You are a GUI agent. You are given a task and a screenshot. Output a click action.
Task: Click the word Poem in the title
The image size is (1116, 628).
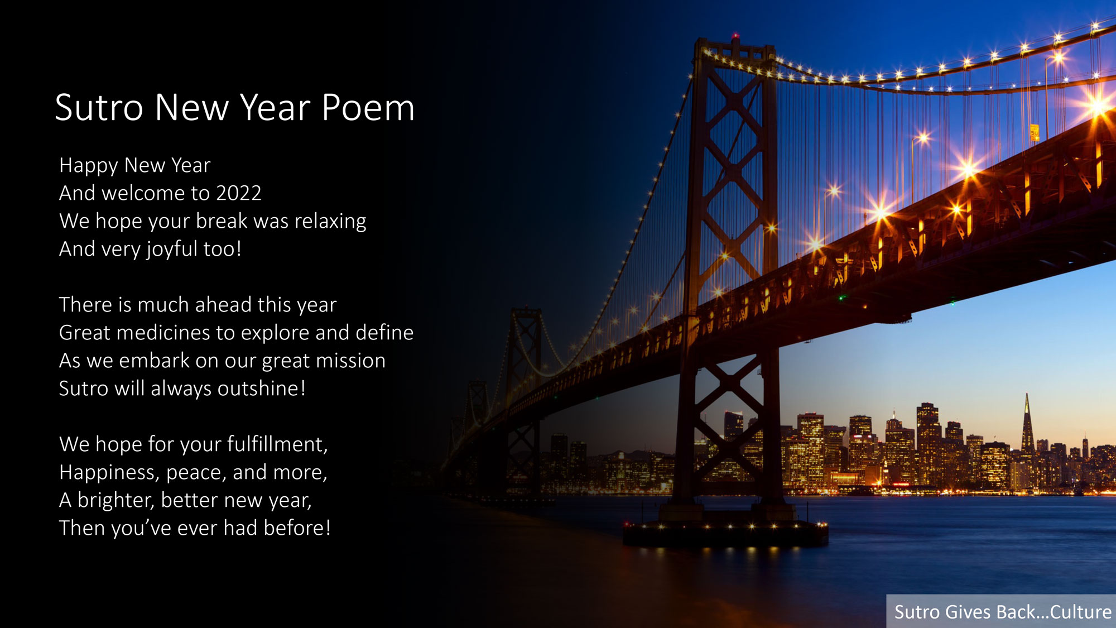(x=368, y=107)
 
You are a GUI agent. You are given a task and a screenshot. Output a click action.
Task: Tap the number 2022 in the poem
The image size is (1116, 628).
(x=239, y=193)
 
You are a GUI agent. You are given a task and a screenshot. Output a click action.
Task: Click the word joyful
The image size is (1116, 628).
(x=172, y=250)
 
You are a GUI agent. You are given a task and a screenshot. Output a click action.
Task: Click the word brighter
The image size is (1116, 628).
(x=116, y=500)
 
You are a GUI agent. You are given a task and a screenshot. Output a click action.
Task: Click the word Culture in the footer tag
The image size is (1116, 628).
(x=1081, y=612)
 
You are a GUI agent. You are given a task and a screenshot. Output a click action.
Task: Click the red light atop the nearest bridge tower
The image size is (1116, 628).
(x=736, y=36)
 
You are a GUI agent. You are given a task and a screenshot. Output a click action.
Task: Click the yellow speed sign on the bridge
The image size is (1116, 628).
(x=1035, y=132)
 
